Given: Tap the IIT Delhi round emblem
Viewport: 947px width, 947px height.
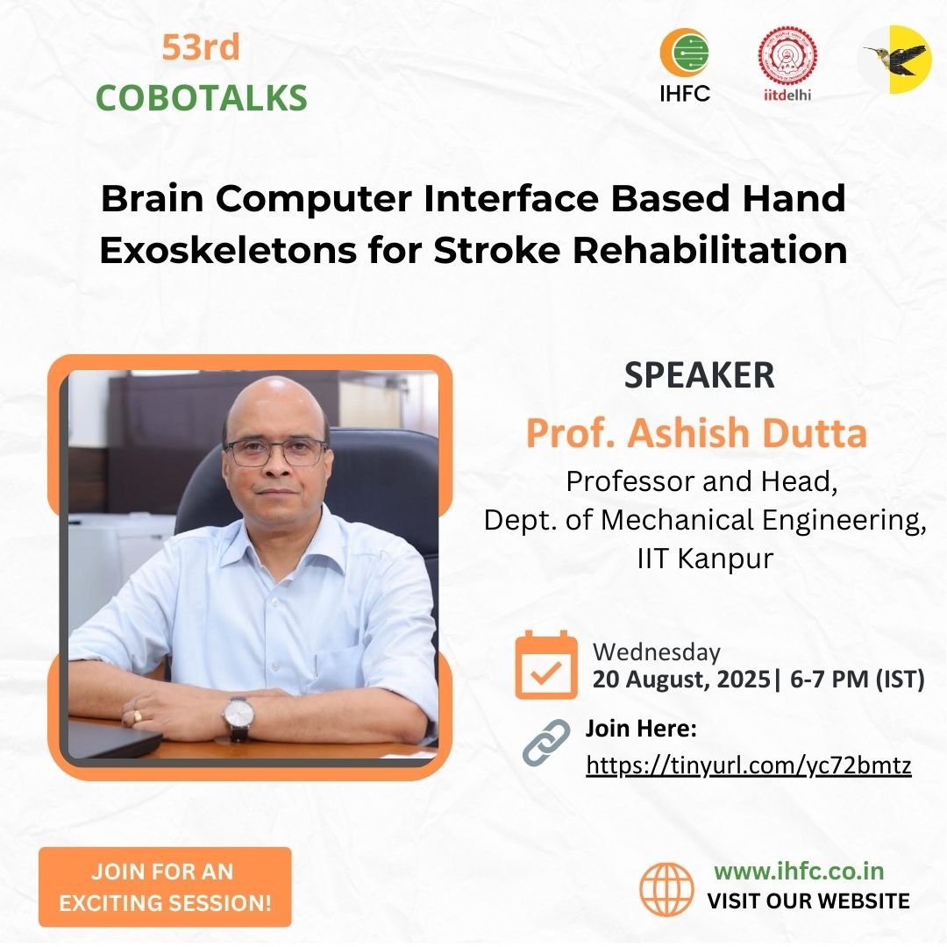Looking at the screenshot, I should [x=787, y=56].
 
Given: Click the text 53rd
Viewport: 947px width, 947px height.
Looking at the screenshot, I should [x=200, y=48].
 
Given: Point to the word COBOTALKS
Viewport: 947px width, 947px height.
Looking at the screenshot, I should [x=202, y=98].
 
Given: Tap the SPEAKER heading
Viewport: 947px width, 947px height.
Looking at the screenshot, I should [x=700, y=375].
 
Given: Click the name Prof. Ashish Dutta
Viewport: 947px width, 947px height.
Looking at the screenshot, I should [x=696, y=434].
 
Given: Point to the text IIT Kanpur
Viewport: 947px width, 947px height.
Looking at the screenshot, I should [x=705, y=559].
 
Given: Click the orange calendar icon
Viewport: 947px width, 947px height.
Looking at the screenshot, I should [x=546, y=665].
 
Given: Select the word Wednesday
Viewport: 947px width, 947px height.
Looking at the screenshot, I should [x=657, y=652].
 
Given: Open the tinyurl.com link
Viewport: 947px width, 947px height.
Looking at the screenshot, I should [x=749, y=765].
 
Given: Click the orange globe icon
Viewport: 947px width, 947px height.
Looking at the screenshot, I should [x=666, y=889].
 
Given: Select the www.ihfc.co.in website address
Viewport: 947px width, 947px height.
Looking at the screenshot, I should [x=799, y=872].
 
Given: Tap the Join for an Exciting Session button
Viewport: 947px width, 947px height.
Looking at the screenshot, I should [x=165, y=886].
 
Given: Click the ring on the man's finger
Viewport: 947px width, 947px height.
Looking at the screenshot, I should [x=137, y=716].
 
